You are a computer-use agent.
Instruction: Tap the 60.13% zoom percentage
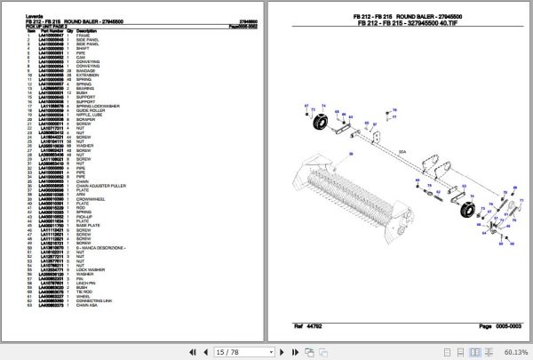click(513, 351)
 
